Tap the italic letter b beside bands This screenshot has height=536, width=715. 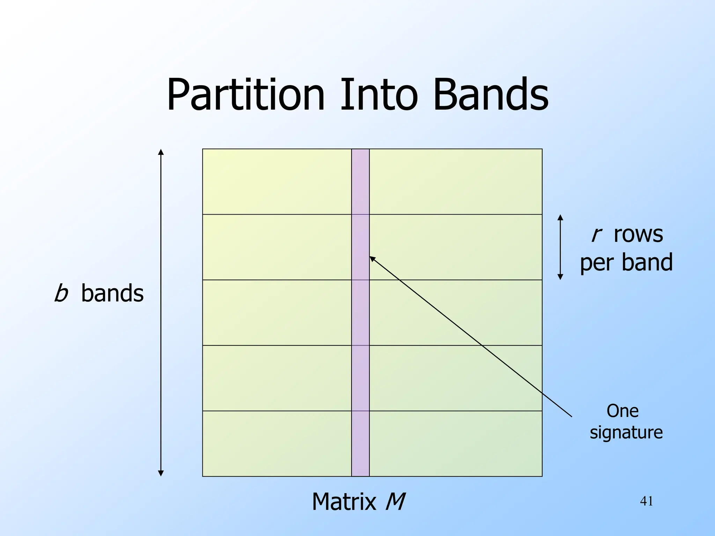[x=61, y=293]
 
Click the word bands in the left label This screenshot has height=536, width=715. [x=112, y=293]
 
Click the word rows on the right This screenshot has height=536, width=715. [x=638, y=234]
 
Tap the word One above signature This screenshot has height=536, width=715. [x=622, y=411]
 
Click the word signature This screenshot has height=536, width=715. [x=626, y=432]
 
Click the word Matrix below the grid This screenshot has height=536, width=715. [x=344, y=502]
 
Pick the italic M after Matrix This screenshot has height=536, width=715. [x=395, y=502]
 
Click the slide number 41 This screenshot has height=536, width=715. [x=647, y=501]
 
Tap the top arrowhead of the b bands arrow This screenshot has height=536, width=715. [x=161, y=151]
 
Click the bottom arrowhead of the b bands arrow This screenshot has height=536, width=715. [x=161, y=474]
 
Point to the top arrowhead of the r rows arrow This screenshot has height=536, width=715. [x=560, y=217]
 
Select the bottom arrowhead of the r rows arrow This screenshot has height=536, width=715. [x=560, y=277]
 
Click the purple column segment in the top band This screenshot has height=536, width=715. [x=360, y=181]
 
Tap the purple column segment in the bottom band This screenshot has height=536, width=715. [x=360, y=444]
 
